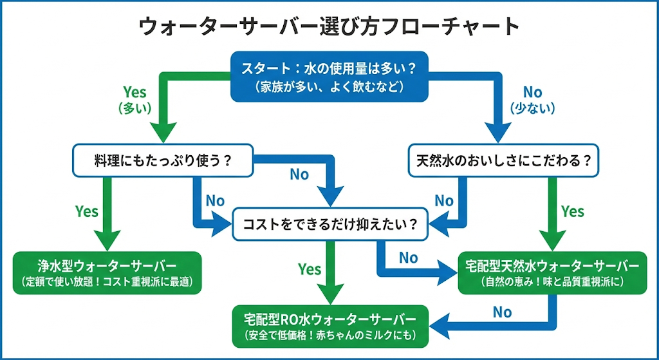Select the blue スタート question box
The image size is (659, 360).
pos(329,76)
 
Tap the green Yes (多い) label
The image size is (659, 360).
pos(135,100)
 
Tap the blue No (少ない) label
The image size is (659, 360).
pos(532,100)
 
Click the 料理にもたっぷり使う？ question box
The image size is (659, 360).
pos(163,162)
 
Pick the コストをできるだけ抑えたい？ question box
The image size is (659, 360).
pos(329,225)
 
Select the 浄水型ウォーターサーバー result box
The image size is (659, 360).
pos(107,272)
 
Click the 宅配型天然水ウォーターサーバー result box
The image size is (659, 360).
pos(552,272)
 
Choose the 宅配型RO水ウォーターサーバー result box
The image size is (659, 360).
pos(330,326)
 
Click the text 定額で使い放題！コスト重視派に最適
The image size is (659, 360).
pos(107,282)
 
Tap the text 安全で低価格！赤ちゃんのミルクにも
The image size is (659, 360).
pos(330,336)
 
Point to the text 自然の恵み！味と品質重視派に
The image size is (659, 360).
pos(552,282)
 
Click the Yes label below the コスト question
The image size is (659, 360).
pos(310,269)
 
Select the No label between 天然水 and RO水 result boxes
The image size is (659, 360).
pos(502,312)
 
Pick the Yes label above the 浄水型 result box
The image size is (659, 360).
pos(87,211)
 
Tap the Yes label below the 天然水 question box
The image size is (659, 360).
pos(572,211)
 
